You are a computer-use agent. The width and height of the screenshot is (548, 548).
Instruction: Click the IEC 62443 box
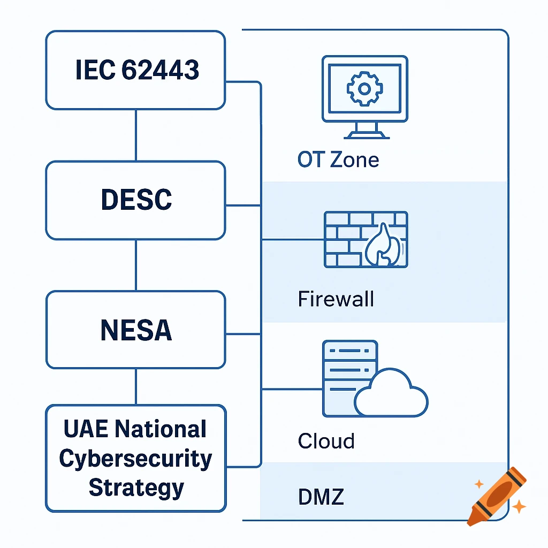[x=135, y=70]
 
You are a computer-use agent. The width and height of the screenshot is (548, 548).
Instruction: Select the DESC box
[x=135, y=200]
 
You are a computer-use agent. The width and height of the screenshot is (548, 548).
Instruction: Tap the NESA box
[x=135, y=330]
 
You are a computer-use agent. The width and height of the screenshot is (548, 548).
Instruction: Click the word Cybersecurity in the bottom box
[x=135, y=459]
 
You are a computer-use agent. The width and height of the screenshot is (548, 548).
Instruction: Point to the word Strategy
[x=136, y=488]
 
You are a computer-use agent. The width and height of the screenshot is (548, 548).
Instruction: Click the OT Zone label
[x=338, y=159]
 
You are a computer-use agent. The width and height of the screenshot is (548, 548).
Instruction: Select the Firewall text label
[x=336, y=299]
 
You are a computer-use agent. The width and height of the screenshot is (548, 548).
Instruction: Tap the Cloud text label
[x=326, y=441]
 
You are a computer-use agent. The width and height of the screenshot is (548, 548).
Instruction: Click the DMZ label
[x=321, y=497]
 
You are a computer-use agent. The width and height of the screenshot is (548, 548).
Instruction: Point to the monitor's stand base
[x=364, y=134]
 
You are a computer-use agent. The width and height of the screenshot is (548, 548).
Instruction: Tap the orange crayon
[x=495, y=494]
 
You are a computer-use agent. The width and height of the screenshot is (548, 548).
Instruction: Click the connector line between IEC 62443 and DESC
[x=135, y=135]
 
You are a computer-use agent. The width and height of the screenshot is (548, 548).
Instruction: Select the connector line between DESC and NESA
[x=135, y=265]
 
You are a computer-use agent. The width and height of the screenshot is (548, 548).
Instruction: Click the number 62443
[x=160, y=70]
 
